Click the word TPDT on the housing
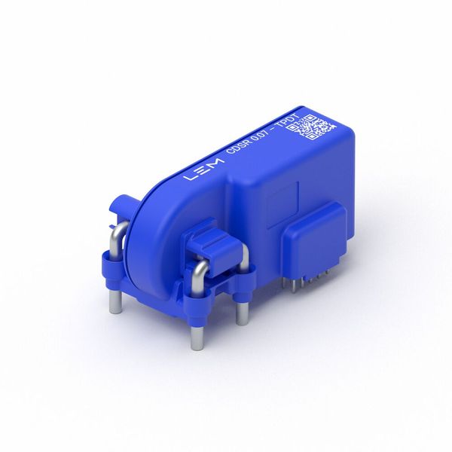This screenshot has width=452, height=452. pyautogui.click(x=290, y=123)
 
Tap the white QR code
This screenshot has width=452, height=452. pyautogui.click(x=313, y=127)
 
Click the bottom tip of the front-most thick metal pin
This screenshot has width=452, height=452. pyautogui.click(x=197, y=348)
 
